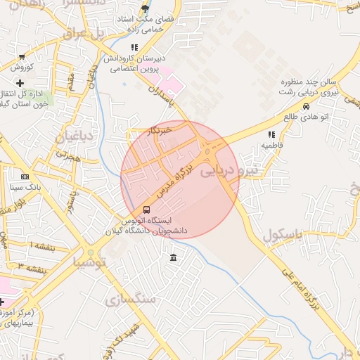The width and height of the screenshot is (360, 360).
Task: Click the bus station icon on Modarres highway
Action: (x=146, y=210)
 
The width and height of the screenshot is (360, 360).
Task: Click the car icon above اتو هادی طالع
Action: (x=306, y=106)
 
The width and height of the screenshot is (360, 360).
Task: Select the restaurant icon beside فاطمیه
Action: (x=271, y=134)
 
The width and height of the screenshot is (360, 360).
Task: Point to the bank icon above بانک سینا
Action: (x=25, y=176)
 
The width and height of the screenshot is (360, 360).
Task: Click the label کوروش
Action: (x=22, y=67)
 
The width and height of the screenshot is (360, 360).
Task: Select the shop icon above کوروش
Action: (x=22, y=57)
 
